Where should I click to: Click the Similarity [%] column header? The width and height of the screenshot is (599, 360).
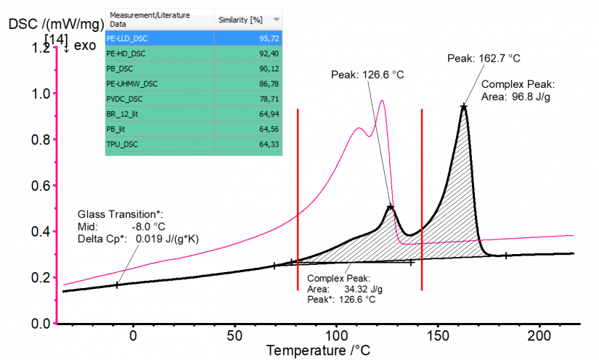[x=239, y=19]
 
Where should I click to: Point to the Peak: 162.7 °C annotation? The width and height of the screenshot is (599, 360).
[x=484, y=57]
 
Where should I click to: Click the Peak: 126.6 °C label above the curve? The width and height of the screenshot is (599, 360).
[x=367, y=74]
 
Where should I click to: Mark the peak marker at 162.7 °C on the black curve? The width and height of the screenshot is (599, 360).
[x=463, y=107]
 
